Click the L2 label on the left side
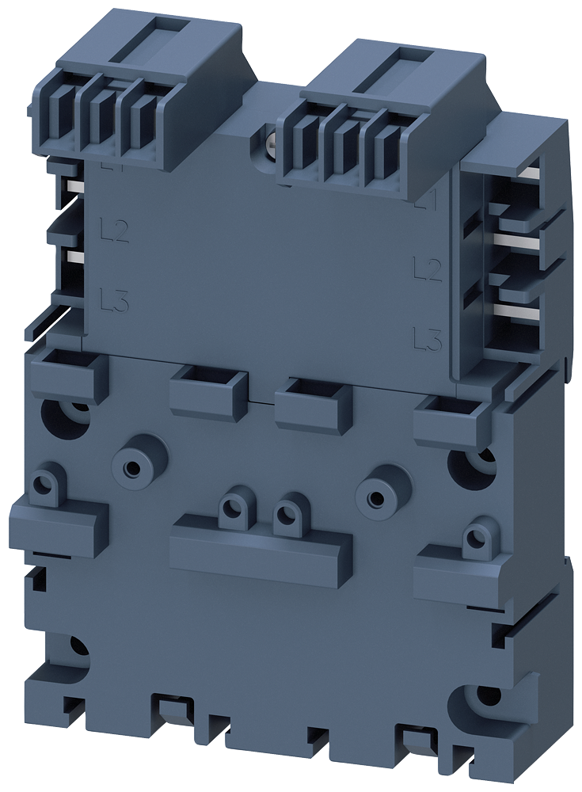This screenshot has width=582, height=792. click(116, 231)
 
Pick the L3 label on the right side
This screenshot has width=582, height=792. click(428, 340)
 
